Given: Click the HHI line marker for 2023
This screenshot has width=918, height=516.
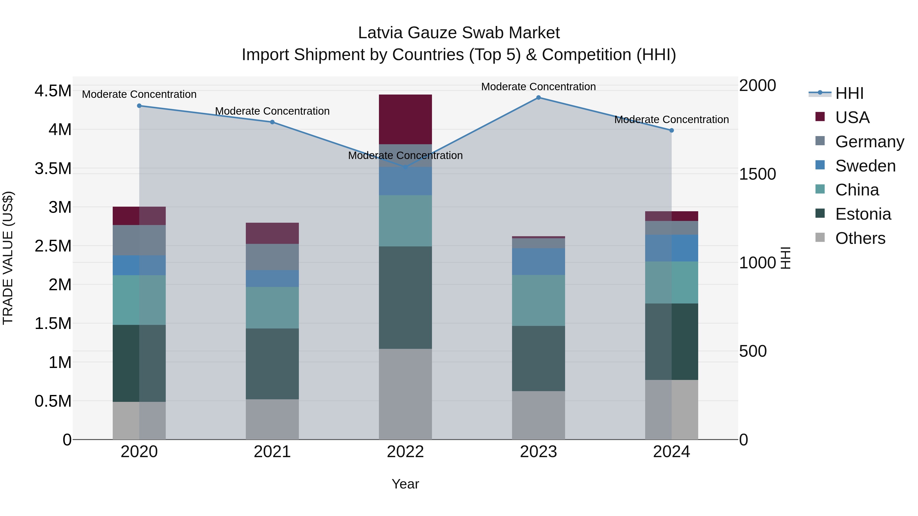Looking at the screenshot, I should (x=539, y=98).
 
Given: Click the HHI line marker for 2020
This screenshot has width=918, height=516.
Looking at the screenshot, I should (x=139, y=106).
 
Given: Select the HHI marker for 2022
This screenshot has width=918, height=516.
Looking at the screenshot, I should (x=405, y=167).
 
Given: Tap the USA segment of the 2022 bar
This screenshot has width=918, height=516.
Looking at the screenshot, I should (x=405, y=119).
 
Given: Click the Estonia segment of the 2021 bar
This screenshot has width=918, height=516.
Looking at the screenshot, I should (x=272, y=364).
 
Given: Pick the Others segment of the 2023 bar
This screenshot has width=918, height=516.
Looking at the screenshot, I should (x=539, y=415).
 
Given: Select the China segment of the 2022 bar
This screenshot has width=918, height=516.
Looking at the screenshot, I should (x=405, y=221).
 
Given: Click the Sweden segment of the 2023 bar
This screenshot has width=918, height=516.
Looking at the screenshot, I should (x=539, y=262).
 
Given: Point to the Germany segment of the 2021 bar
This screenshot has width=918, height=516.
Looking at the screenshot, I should (x=272, y=257).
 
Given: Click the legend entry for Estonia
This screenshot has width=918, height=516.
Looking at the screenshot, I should (x=863, y=214).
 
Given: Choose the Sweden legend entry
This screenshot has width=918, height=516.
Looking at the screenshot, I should (x=865, y=166).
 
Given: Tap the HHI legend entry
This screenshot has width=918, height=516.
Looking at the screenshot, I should (x=849, y=93).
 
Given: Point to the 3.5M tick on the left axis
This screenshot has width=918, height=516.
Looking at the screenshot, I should (x=53, y=168).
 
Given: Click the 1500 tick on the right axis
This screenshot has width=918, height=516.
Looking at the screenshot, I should (x=757, y=174).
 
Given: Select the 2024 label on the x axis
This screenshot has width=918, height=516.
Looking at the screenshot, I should (x=671, y=452).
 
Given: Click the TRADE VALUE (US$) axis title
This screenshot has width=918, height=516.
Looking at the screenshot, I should (x=8, y=258).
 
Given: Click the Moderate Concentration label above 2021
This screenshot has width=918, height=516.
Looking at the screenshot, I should (x=272, y=111).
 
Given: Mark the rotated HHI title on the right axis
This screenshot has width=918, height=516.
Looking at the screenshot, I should (x=785, y=258).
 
